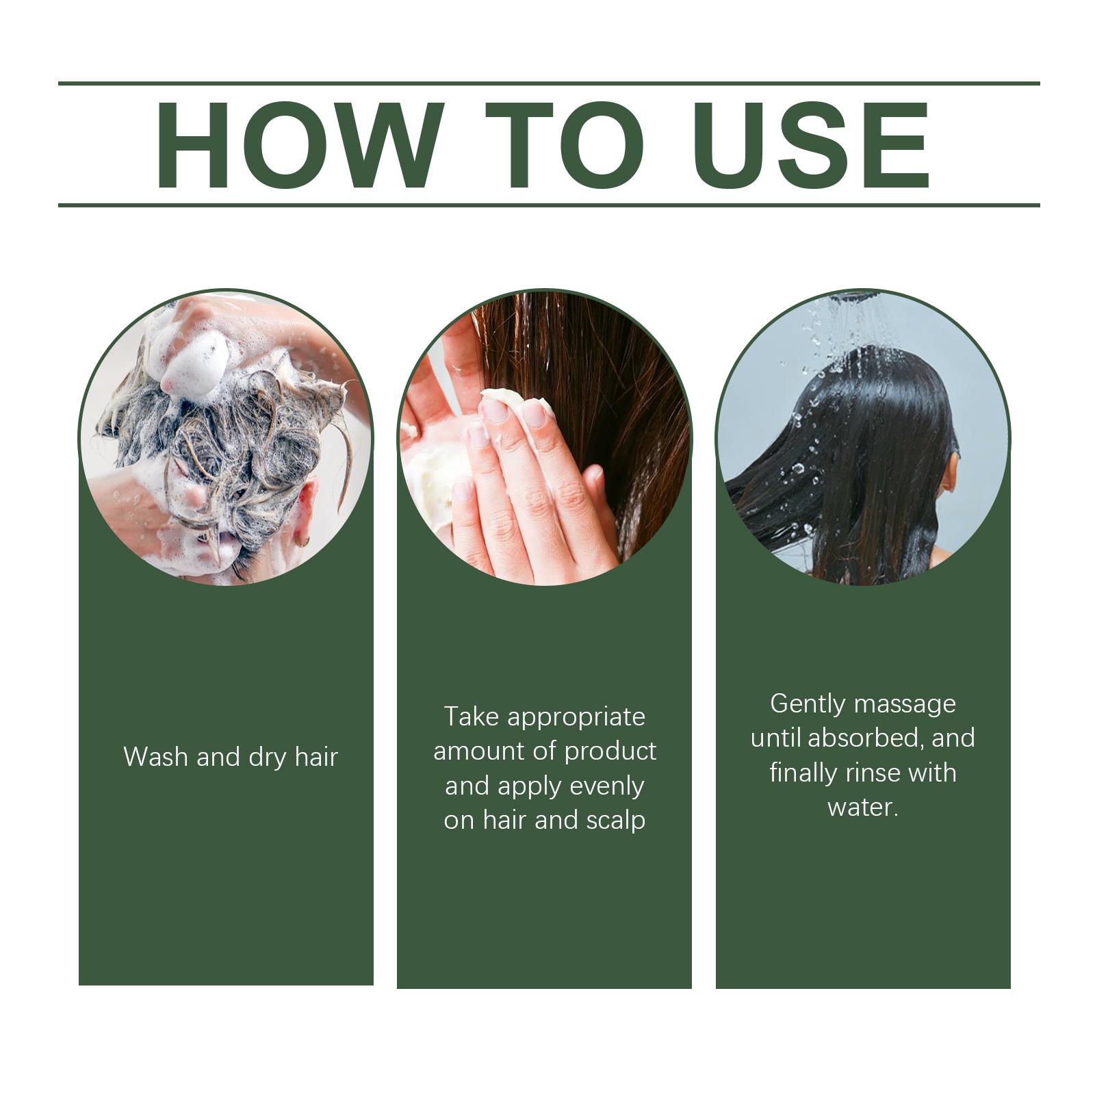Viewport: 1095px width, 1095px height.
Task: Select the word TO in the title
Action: tap(565, 145)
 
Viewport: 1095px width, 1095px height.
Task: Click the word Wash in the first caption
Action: tap(155, 757)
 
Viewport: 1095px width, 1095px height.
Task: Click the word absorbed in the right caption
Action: tap(866, 738)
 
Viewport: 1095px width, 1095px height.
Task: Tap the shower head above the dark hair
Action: tap(859, 296)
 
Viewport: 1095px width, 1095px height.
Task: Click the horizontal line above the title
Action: tap(549, 83)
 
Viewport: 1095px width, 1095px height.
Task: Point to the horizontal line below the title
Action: tap(549, 205)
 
